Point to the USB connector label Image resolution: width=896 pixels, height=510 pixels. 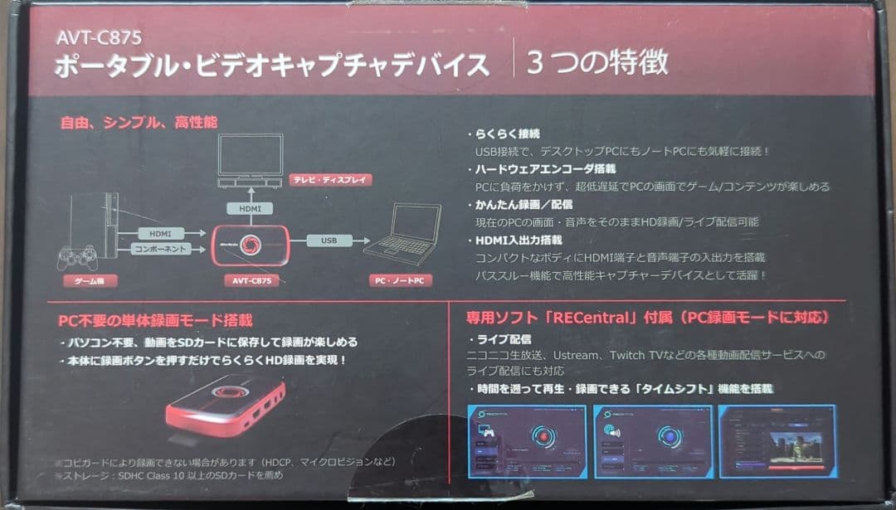click(x=328, y=240)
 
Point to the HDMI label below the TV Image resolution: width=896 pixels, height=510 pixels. click(x=250, y=209)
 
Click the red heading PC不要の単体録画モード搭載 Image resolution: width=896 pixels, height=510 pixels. click(x=155, y=320)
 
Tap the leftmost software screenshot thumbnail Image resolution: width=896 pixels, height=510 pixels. click(x=527, y=441)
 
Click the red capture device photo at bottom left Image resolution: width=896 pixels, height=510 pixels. click(x=224, y=406)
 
